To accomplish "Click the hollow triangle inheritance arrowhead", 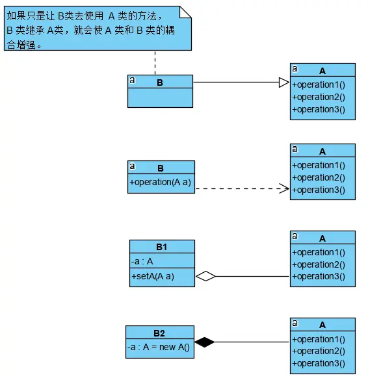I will (283, 82).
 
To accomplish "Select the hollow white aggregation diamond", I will (205, 276).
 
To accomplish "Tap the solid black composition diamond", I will (205, 342).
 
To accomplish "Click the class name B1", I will (161, 247).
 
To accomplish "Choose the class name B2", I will (159, 333).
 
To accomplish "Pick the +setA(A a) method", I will (153, 276).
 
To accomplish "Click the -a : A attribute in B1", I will (142, 261).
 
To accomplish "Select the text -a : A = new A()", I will (159, 348).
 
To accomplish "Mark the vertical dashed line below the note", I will (155, 63).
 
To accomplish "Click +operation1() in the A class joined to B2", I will (319, 339).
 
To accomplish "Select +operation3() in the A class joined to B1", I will (319, 276).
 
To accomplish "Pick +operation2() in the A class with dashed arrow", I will (319, 177).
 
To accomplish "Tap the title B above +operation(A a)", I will (161, 168).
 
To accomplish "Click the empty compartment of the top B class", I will (160, 97).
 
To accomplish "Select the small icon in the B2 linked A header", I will (295, 323).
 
